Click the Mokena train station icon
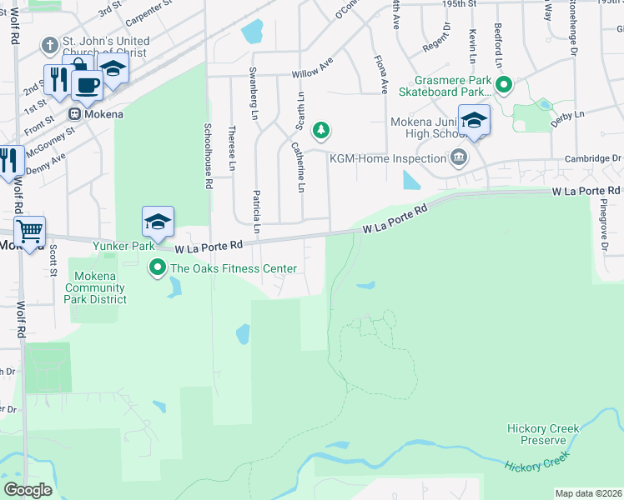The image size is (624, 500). (74, 113)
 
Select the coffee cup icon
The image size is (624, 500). (87, 82)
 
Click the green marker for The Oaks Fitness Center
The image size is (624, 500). (157, 268)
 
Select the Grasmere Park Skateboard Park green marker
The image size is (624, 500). (503, 84)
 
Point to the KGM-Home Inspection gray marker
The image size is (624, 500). (459, 157)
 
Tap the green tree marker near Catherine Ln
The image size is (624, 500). (320, 130)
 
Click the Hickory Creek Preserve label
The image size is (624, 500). (543, 434)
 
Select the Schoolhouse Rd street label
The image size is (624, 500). (209, 155)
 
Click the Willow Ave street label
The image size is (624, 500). (312, 74)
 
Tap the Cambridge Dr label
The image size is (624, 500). (592, 158)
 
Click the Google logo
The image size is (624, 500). (28, 490)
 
